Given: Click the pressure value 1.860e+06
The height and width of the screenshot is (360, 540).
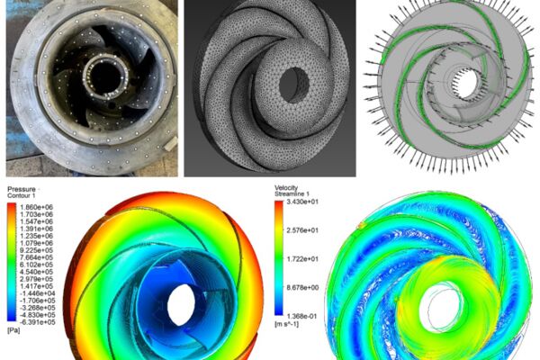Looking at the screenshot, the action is (x=37, y=207).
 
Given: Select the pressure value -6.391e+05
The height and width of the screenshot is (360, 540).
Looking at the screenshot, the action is (x=37, y=322).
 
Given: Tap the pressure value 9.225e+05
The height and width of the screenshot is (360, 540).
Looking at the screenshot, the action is (x=37, y=250).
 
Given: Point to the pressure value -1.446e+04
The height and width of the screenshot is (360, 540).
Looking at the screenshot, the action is (x=37, y=293).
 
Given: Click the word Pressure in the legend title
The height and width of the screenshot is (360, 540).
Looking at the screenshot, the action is (x=22, y=189).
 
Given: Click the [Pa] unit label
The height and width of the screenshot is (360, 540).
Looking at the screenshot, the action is (x=13, y=330).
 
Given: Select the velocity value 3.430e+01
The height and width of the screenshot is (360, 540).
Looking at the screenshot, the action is (x=302, y=202).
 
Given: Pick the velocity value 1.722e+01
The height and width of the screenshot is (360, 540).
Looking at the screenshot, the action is (x=302, y=259).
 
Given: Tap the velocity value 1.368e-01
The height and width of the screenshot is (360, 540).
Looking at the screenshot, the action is (x=302, y=316).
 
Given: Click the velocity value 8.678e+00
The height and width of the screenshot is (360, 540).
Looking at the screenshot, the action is (x=302, y=288).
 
